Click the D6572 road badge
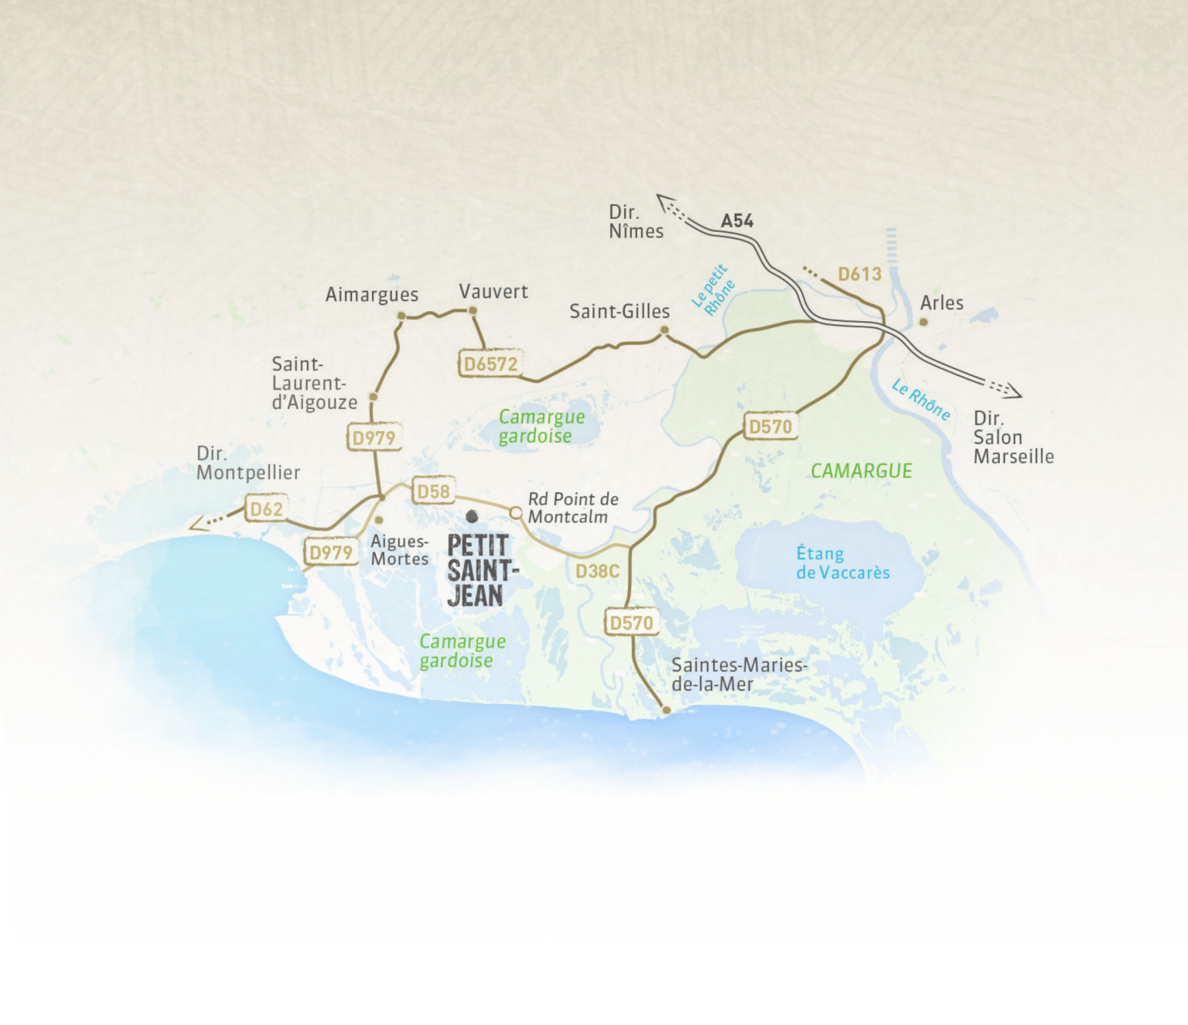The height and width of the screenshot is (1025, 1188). (x=490, y=364)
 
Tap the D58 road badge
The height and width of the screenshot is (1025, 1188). (x=433, y=491)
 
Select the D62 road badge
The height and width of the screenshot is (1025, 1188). (x=266, y=509)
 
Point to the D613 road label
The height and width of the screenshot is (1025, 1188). (x=859, y=274)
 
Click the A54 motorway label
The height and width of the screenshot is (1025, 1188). (x=736, y=221)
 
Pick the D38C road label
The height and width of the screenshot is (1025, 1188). (x=597, y=571)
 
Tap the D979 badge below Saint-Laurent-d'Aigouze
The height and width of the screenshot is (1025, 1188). (x=374, y=438)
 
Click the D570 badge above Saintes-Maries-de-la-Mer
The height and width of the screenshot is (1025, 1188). (x=631, y=623)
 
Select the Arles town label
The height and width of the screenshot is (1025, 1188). (x=941, y=303)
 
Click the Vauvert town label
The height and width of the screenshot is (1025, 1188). (x=493, y=292)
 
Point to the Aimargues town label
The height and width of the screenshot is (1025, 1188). (x=371, y=295)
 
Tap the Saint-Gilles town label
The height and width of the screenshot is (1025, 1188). (x=620, y=311)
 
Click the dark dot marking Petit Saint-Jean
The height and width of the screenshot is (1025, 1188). (x=472, y=516)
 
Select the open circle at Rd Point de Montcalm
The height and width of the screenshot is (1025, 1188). (x=516, y=512)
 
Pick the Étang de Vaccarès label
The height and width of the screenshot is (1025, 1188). (x=842, y=563)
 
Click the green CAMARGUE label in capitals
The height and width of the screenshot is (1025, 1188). (x=861, y=470)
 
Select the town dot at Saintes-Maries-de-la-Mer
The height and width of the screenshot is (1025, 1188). (x=666, y=709)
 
